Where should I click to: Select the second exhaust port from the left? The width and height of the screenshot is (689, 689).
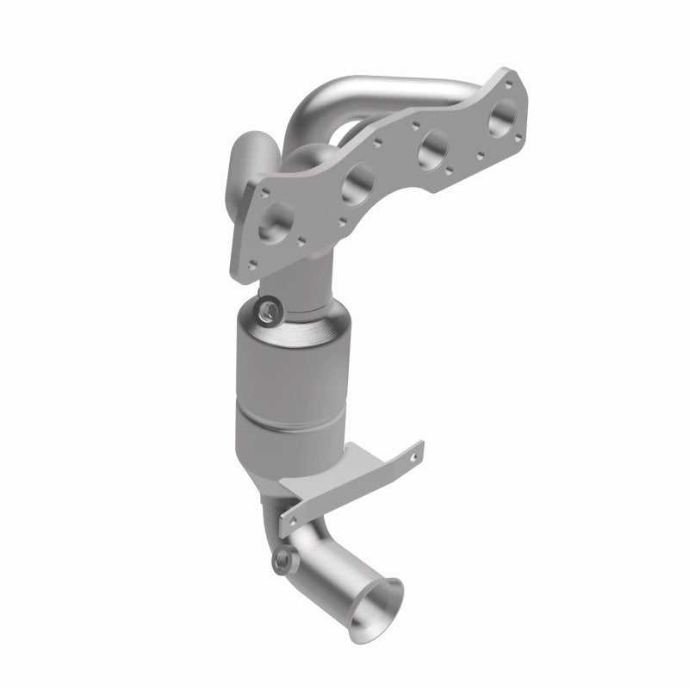point(357,183)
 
